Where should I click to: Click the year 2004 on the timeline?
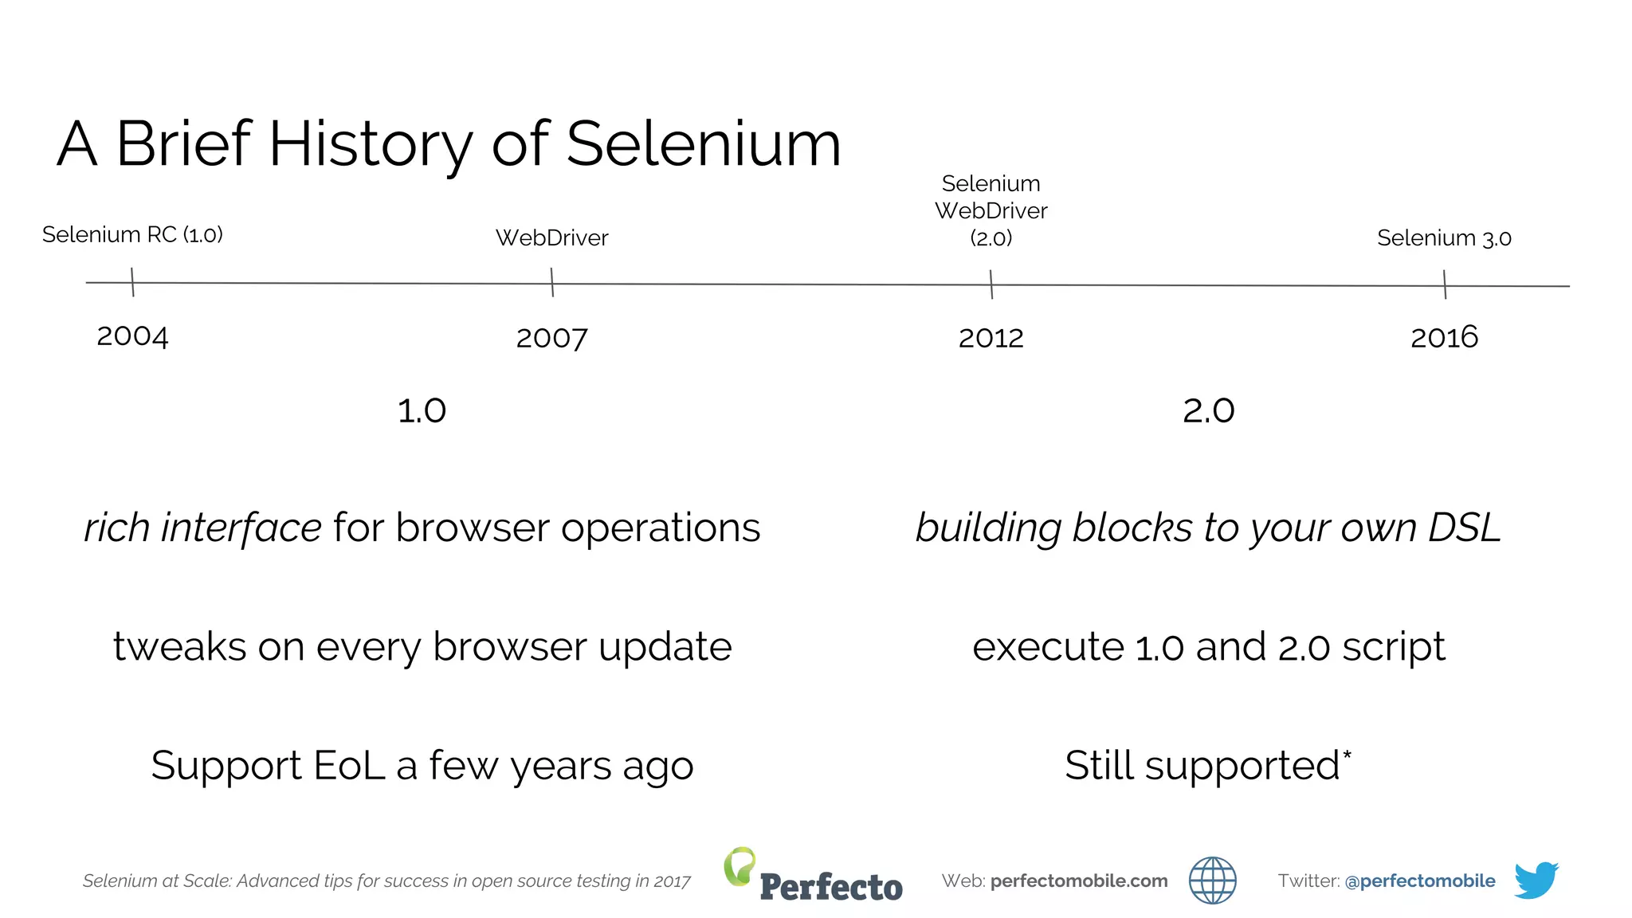point(132,336)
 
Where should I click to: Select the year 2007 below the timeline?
point(551,338)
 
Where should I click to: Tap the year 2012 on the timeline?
point(991,338)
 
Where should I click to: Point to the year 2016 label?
point(1444,337)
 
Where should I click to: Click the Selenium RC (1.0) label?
point(132,234)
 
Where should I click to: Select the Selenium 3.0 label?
point(1444,237)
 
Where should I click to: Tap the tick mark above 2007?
point(551,282)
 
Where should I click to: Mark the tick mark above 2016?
point(1445,284)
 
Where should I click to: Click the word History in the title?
point(371,144)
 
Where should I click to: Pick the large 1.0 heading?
point(422,411)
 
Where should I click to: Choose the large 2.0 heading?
point(1208,411)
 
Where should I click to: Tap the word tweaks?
point(179,646)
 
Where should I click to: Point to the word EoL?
point(349,765)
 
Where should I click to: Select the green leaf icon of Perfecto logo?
point(739,865)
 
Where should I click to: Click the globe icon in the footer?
point(1212,881)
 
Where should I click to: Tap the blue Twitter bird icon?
point(1536,880)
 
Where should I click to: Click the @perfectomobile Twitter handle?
point(1419,881)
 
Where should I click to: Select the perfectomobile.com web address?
point(1079,881)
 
